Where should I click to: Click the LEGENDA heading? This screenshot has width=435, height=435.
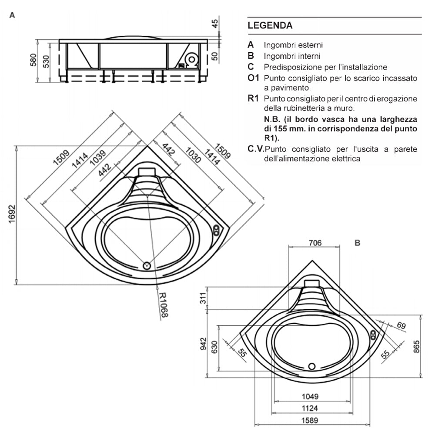(270, 26)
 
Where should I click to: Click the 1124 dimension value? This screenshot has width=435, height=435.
(311, 408)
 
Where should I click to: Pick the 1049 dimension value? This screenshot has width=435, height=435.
(311, 396)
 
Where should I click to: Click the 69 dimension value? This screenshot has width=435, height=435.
(401, 325)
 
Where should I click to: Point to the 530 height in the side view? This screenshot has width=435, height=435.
(46, 61)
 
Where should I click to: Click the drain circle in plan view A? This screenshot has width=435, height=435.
(147, 265)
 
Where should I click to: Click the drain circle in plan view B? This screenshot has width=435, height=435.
(311, 366)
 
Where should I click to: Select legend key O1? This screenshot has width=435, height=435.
(253, 78)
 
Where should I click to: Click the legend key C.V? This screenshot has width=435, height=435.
(256, 149)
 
